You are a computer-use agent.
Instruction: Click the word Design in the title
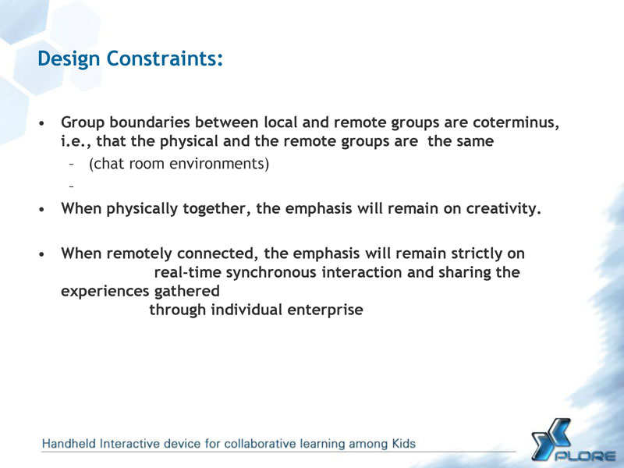pyautogui.click(x=69, y=59)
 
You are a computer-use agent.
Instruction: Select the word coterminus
pyautogui.click(x=516, y=122)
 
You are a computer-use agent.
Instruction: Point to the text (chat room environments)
pyautogui.click(x=179, y=164)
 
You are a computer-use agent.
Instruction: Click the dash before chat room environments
pyautogui.click(x=72, y=164)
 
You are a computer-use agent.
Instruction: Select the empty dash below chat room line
pyautogui.click(x=72, y=186)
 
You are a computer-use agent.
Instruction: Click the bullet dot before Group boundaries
pyautogui.click(x=42, y=123)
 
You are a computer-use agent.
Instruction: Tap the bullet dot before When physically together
pyautogui.click(x=42, y=209)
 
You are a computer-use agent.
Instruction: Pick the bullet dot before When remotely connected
pyautogui.click(x=42, y=254)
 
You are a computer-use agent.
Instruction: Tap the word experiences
pyautogui.click(x=105, y=292)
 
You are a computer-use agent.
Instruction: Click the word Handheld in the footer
pyautogui.click(x=69, y=444)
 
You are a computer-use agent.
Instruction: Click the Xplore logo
pyautogui.click(x=573, y=441)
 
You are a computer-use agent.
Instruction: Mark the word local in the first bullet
pyautogui.click(x=281, y=122)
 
